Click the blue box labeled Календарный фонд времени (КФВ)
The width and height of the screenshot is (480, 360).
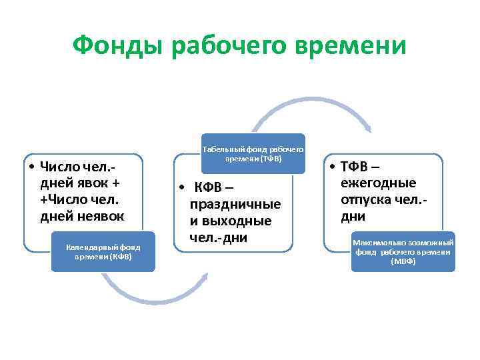tap(103, 251)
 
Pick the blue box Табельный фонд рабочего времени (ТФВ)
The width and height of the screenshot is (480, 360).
tap(253, 154)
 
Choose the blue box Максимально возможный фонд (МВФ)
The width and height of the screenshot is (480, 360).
tap(403, 251)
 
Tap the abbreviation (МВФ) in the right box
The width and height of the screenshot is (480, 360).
tap(403, 261)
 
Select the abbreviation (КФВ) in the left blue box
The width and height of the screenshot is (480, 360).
tap(121, 257)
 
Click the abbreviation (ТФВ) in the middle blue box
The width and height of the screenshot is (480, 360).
tap(271, 159)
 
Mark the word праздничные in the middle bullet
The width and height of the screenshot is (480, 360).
tap(235, 204)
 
